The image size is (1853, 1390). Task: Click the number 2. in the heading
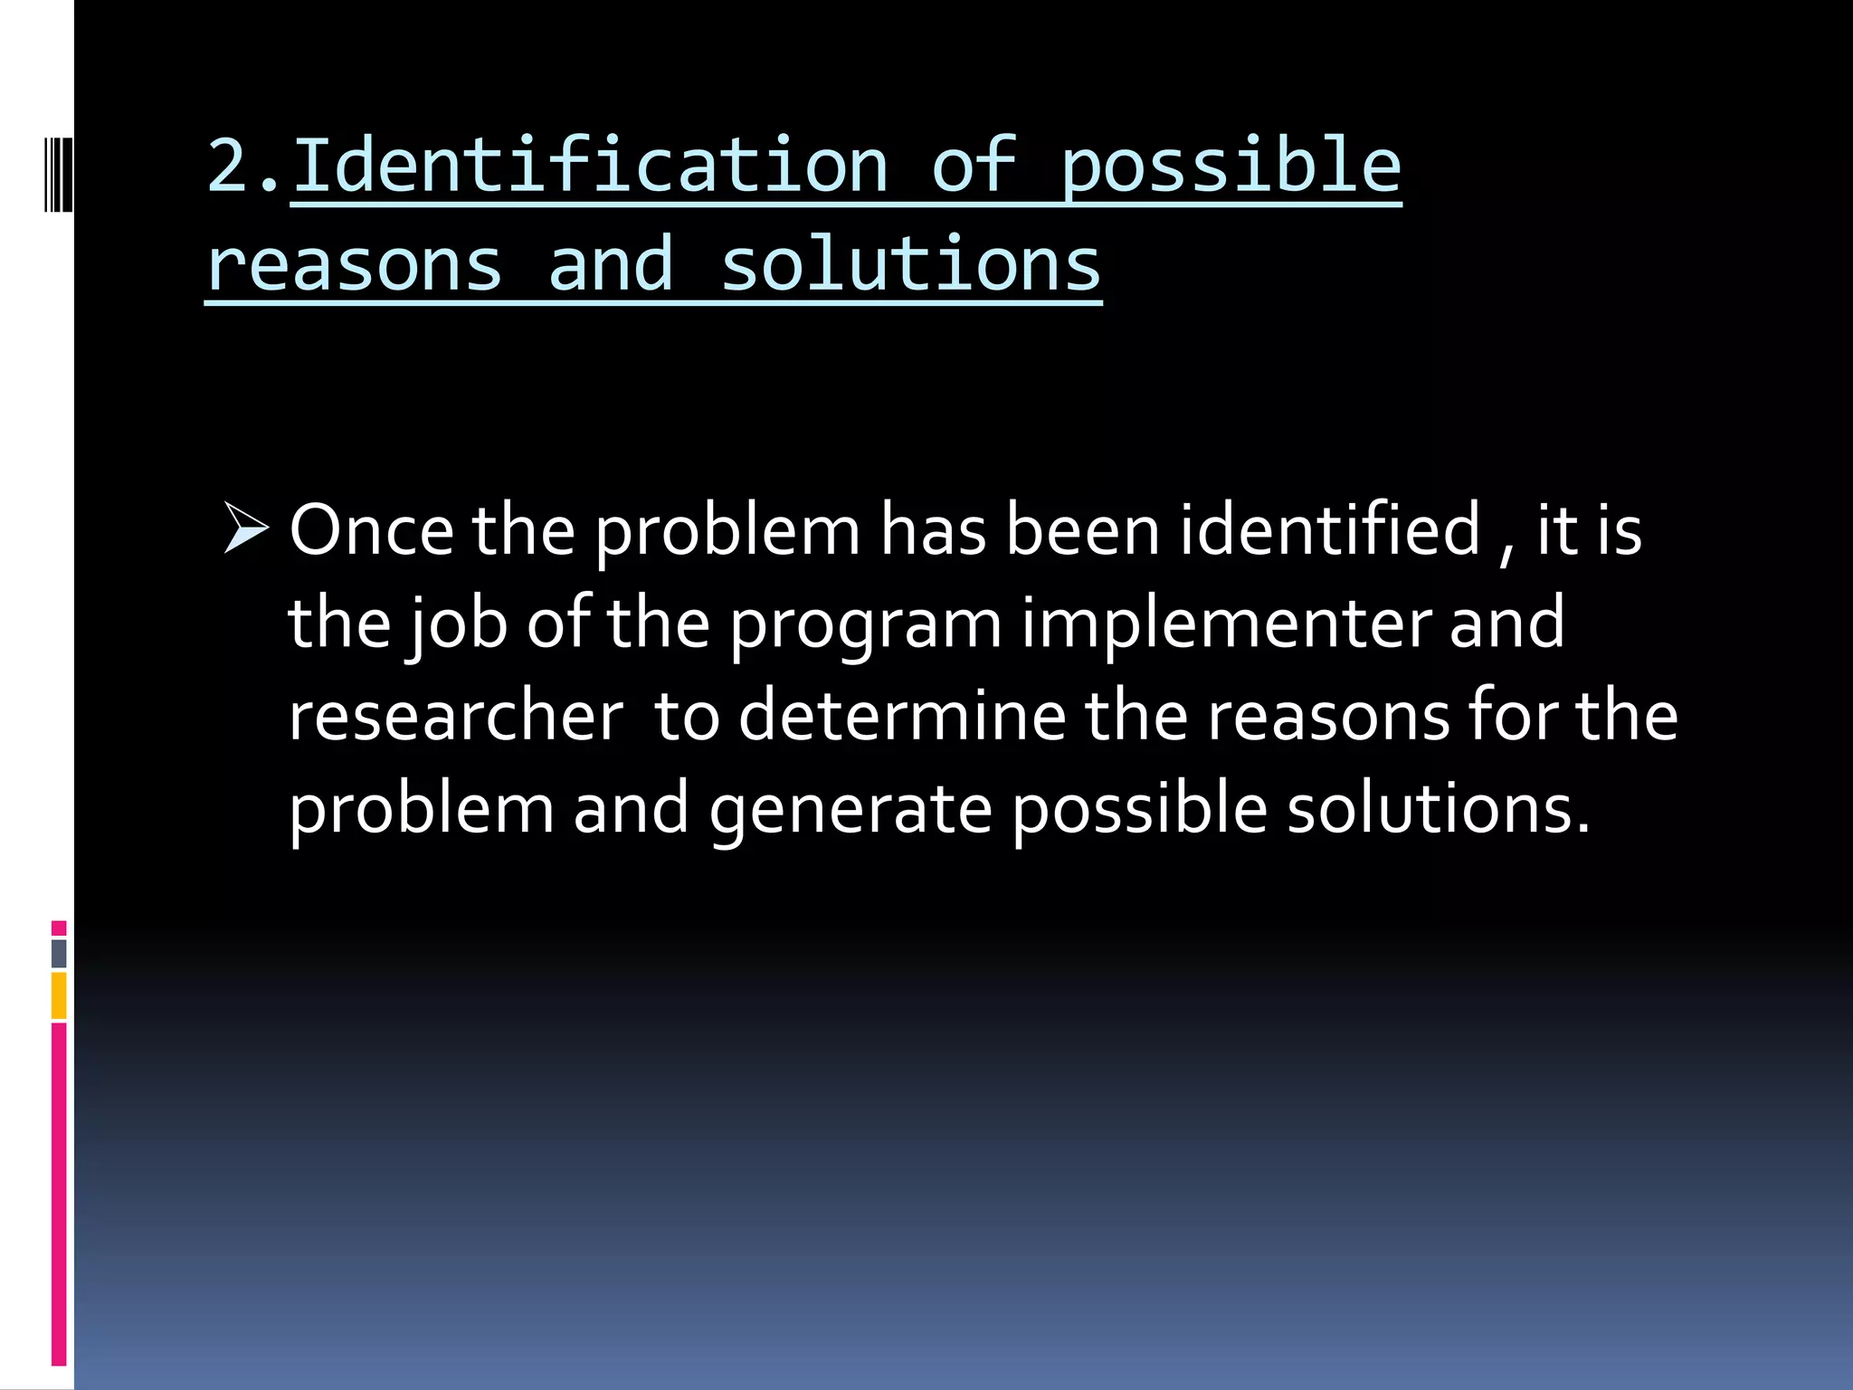(242, 167)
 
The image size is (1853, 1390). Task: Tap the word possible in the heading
(1230, 168)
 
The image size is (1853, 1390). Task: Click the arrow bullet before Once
(245, 528)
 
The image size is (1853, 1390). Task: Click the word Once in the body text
(371, 530)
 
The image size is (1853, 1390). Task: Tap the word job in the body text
(457, 624)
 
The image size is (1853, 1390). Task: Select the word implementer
(1226, 624)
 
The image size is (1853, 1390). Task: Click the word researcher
(455, 716)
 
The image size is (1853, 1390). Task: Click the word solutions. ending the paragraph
(1438, 808)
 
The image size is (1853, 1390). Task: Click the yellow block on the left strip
(59, 995)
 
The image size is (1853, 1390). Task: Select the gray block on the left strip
(59, 953)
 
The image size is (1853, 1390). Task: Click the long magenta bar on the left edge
(59, 1195)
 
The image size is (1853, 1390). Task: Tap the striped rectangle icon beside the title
(58, 174)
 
